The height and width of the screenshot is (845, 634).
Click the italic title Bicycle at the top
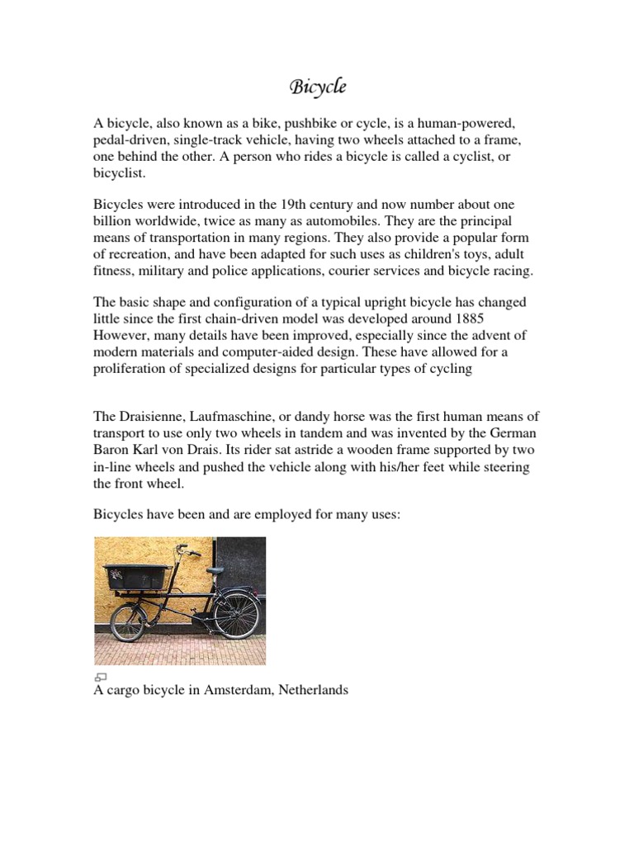tap(317, 87)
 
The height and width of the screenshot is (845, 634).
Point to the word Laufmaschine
tap(247, 417)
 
